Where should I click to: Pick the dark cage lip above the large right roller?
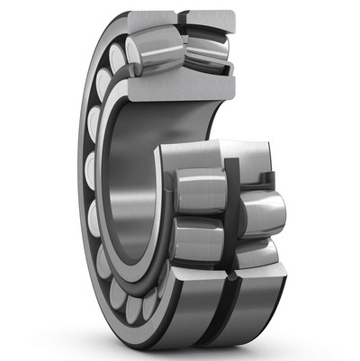(x=256, y=176)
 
